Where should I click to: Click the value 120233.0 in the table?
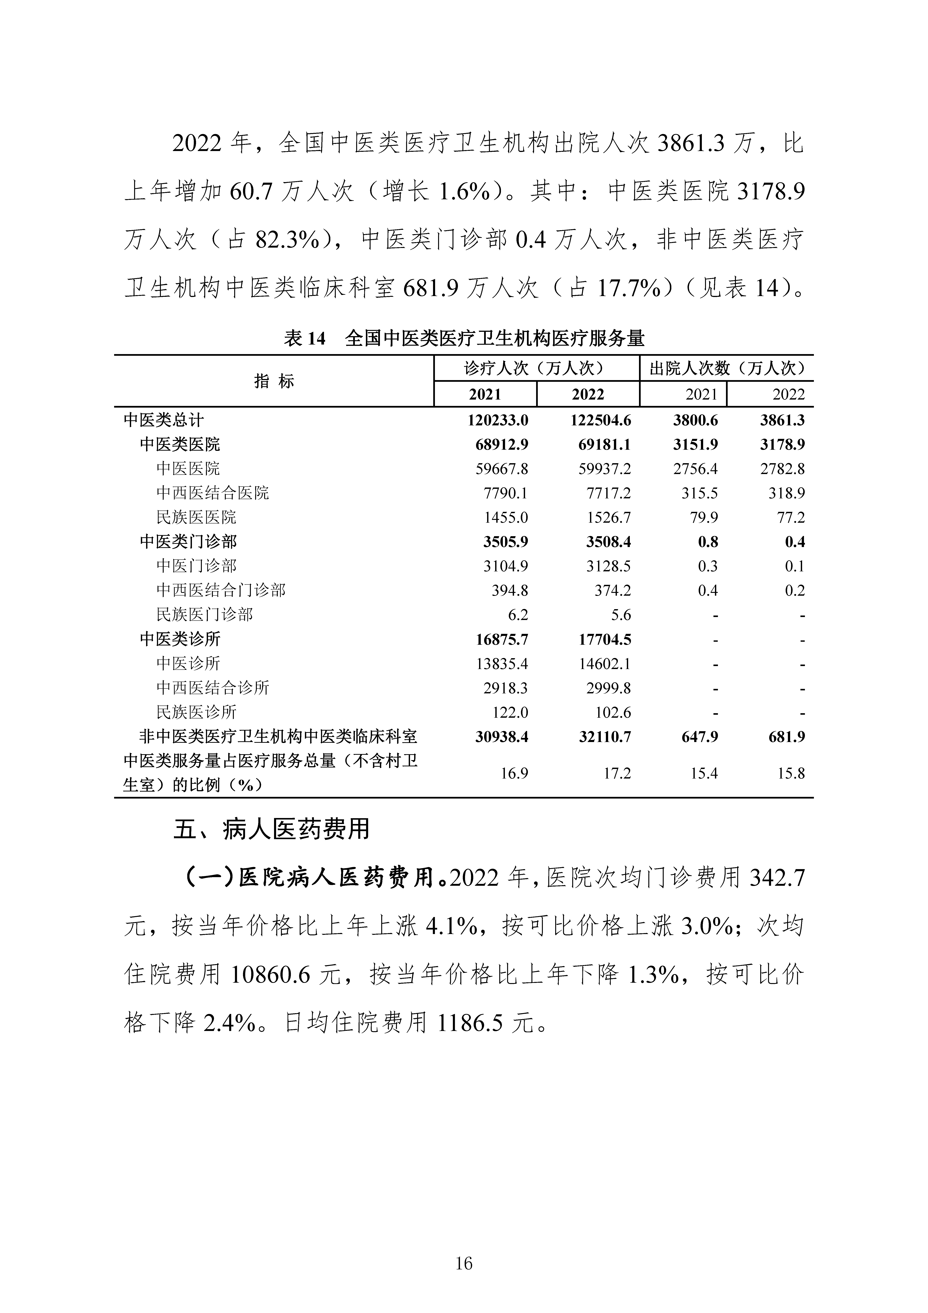coord(498,420)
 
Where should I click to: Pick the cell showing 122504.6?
coord(601,420)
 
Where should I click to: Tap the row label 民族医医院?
coord(196,517)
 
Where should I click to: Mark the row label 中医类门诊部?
coord(188,542)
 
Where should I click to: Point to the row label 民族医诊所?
coord(196,712)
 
